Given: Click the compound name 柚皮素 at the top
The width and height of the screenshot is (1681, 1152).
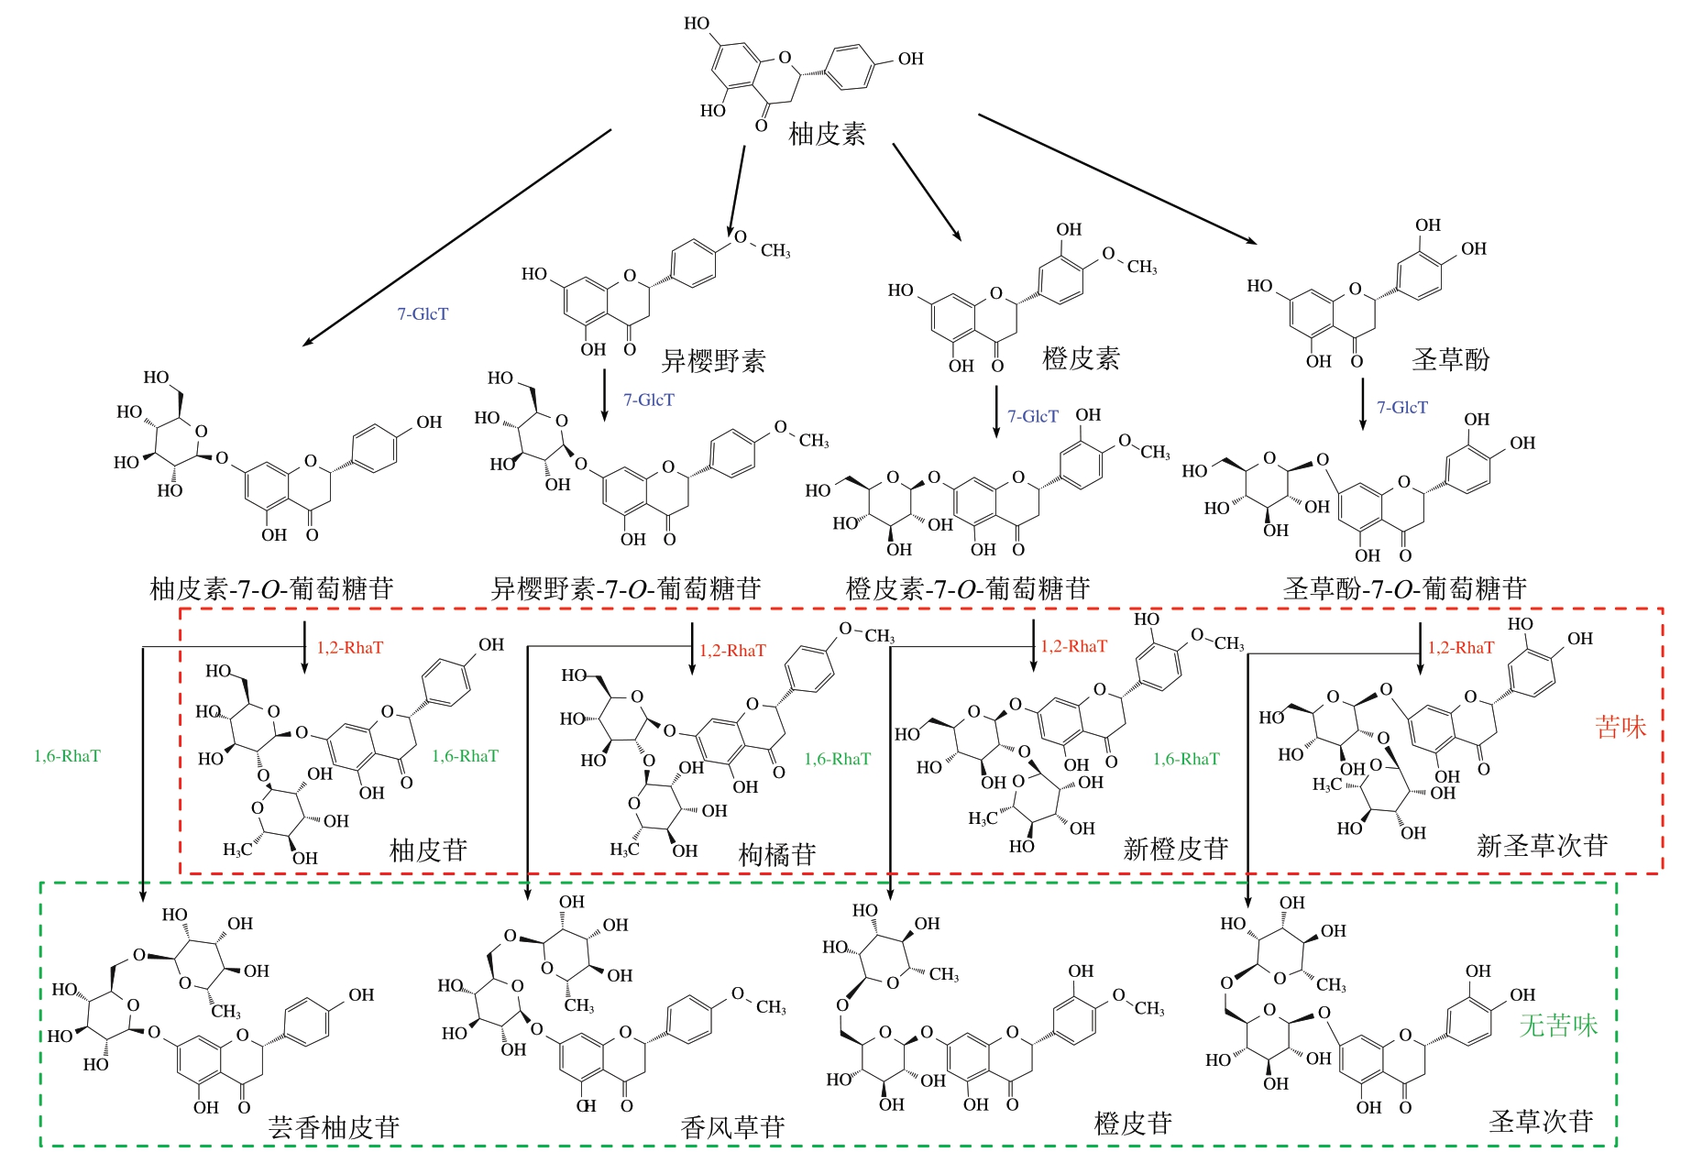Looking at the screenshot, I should coord(827,135).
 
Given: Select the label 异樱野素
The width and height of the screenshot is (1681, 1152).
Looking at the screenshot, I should coord(713,361).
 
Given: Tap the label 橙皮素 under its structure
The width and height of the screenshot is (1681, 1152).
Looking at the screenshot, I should coord(1081,358).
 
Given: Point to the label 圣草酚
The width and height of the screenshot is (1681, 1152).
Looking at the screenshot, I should coord(1450,359).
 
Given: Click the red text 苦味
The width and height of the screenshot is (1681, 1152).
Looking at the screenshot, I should coord(1620,728).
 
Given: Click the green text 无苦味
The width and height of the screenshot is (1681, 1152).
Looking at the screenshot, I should coord(1558,1026).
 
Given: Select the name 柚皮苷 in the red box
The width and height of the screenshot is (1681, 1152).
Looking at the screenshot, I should coord(428,850).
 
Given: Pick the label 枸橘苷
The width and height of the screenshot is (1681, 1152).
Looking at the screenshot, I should coord(777,855).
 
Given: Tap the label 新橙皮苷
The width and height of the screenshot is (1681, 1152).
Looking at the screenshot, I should coord(1176,850).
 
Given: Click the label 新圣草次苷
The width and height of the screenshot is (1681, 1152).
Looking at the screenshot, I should coord(1543,846).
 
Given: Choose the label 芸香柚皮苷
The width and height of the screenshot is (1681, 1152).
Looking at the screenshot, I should coord(334,1127).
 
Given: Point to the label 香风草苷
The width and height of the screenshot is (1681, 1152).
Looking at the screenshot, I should coord(733,1127).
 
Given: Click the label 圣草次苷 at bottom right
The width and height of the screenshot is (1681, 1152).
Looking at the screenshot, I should coord(1542,1122).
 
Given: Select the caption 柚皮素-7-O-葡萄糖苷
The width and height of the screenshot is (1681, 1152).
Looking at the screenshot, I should coord(271,588).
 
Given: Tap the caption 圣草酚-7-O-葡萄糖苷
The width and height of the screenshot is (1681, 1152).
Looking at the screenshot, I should coord(1405,588).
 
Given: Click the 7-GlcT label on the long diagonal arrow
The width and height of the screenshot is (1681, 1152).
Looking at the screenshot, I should coord(423,314).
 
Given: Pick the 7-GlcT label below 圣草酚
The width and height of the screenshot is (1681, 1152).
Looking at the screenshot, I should coord(1402,408).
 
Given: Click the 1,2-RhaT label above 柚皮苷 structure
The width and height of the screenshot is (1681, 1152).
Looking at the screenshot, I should coord(350,648).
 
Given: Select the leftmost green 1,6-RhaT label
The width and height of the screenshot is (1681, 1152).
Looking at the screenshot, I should coord(67,756).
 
